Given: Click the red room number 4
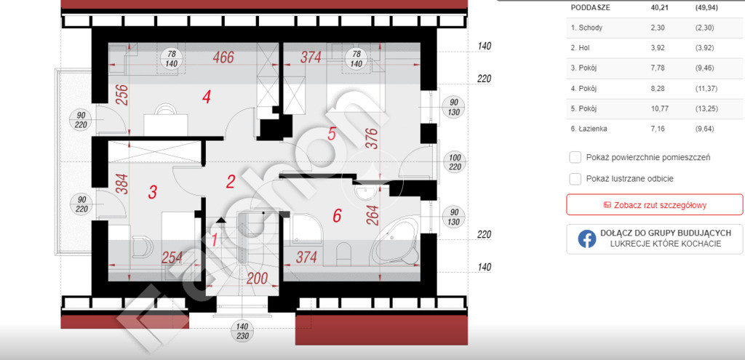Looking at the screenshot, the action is (x=206, y=97).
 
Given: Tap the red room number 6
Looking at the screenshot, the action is (x=337, y=216).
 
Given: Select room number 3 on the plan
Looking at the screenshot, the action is (x=153, y=192).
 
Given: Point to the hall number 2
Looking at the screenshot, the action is (x=231, y=181).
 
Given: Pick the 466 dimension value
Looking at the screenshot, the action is (x=223, y=57).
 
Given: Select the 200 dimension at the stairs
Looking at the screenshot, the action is (x=257, y=279).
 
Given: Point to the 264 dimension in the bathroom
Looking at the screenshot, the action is (x=373, y=217).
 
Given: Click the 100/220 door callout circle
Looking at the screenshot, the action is (x=455, y=162).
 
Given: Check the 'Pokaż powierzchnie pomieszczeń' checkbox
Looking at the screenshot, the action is (x=575, y=157).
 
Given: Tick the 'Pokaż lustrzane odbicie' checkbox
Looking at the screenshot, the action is (x=575, y=179).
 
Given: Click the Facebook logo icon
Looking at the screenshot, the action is (x=587, y=239).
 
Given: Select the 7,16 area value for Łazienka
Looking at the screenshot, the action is (x=658, y=128).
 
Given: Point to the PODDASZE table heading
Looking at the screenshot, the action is (x=591, y=7).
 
